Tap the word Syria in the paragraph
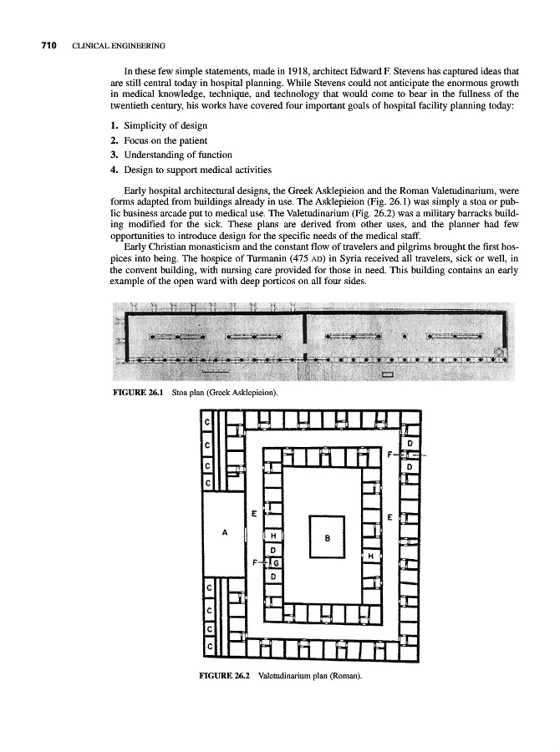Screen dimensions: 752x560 [x=374, y=257]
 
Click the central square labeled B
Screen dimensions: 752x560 [x=327, y=538]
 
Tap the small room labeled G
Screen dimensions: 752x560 [x=273, y=563]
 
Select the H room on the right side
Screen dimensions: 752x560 [x=369, y=555]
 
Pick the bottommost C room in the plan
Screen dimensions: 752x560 [x=207, y=646]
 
